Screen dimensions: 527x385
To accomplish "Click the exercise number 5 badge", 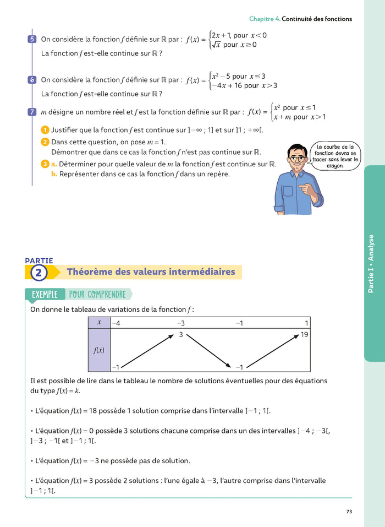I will (x=32, y=39).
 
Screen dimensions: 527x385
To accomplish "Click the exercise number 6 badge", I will (x=32, y=80).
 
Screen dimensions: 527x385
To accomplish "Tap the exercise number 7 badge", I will (x=32, y=112).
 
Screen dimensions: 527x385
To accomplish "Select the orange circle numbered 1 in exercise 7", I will (x=45, y=130).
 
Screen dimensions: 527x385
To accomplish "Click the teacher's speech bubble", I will (x=334, y=156).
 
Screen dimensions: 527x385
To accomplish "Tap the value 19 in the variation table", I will (x=305, y=334).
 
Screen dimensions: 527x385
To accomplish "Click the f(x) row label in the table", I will (x=99, y=350).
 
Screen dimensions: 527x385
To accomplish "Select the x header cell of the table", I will (x=99, y=323).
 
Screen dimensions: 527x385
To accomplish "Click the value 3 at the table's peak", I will (x=181, y=334).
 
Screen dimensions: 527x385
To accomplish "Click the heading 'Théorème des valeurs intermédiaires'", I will (x=151, y=272).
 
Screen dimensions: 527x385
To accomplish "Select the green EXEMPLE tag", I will (x=45, y=295).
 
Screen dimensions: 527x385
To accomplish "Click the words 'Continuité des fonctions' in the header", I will (x=317, y=19).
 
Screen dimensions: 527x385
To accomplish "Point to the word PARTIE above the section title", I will (x=39, y=260).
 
